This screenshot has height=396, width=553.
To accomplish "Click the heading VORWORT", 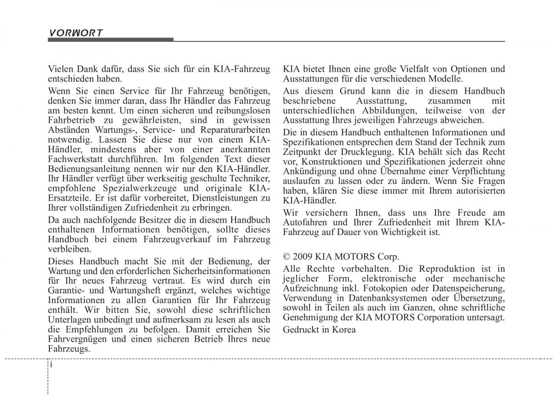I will pyautogui.click(x=76, y=33).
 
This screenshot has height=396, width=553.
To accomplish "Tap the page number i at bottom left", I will pyautogui.click(x=53, y=364).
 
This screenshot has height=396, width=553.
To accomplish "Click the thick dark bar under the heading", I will pyautogui.click(x=111, y=40).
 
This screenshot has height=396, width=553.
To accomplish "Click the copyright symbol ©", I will pyautogui.click(x=287, y=257).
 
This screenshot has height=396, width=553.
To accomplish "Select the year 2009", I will pyautogui.click(x=302, y=257).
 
